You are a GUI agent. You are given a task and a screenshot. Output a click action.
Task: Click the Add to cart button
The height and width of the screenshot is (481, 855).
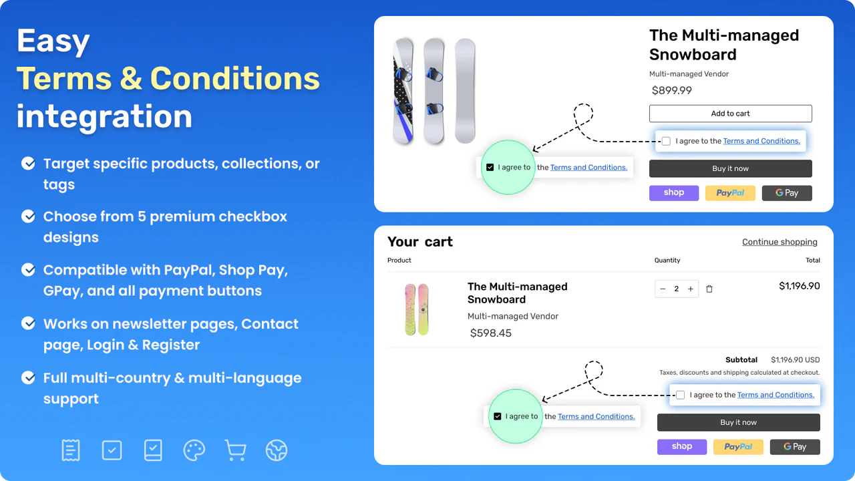coord(730,114)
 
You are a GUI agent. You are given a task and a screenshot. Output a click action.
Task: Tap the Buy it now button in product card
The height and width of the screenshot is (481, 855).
coord(730,168)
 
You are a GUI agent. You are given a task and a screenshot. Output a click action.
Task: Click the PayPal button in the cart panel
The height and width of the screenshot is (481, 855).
coord(738,447)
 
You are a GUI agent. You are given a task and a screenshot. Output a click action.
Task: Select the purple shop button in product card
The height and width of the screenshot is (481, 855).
coord(673,193)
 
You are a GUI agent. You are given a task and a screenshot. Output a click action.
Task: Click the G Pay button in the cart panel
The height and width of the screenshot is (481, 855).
coord(794,447)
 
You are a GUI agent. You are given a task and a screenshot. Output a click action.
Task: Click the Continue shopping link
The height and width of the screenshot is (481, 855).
coord(780,242)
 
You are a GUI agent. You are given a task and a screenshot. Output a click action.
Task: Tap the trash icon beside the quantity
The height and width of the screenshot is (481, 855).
coord(709,289)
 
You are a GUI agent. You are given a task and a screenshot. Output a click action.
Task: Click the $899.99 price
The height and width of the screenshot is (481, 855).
coord(671,90)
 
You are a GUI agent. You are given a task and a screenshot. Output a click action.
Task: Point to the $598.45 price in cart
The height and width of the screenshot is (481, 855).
coord(490,333)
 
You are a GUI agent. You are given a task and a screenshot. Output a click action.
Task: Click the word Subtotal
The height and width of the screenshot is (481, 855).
coord(741,359)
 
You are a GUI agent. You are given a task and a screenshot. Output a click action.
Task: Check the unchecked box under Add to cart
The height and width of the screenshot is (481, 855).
coord(666,141)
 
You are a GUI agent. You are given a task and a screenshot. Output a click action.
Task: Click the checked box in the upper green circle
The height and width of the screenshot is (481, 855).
coord(490,168)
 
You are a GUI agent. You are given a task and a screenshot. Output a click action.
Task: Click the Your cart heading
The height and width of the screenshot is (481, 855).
coord(419,242)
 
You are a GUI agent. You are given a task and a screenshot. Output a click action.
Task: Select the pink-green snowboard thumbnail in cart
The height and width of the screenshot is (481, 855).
coord(417,309)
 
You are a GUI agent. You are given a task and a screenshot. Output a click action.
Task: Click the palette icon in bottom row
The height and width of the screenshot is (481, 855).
coord(194,450)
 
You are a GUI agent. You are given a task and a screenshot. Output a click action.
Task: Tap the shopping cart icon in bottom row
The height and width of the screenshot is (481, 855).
coord(235,450)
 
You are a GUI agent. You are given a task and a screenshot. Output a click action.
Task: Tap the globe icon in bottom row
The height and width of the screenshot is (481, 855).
coord(276,450)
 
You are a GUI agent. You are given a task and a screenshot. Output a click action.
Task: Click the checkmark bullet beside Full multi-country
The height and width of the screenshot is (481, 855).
coord(29,378)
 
